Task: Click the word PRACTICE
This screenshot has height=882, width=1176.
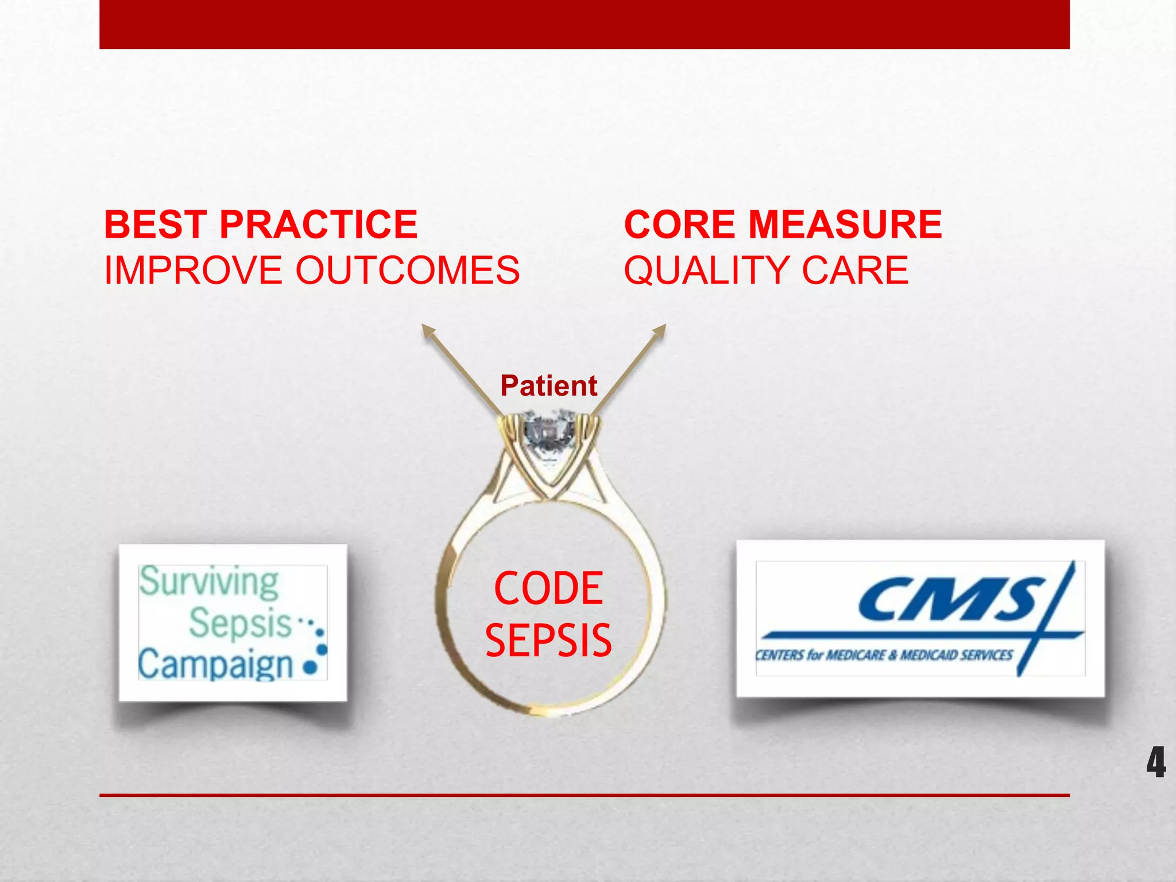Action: point(318,225)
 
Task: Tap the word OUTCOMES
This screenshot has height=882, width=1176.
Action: point(407,270)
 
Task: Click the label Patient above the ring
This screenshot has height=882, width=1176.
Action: point(548,385)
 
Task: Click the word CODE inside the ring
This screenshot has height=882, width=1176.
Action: point(548,589)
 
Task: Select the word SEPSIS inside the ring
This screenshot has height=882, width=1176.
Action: point(548,641)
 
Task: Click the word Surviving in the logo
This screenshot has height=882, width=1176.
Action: point(209,582)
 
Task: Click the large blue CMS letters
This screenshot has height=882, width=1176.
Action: point(950,599)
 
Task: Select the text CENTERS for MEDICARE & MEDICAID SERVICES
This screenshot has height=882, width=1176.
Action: point(884,655)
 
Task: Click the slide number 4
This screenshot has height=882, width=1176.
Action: point(1156,763)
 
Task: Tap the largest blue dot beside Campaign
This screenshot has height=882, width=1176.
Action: point(310,668)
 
